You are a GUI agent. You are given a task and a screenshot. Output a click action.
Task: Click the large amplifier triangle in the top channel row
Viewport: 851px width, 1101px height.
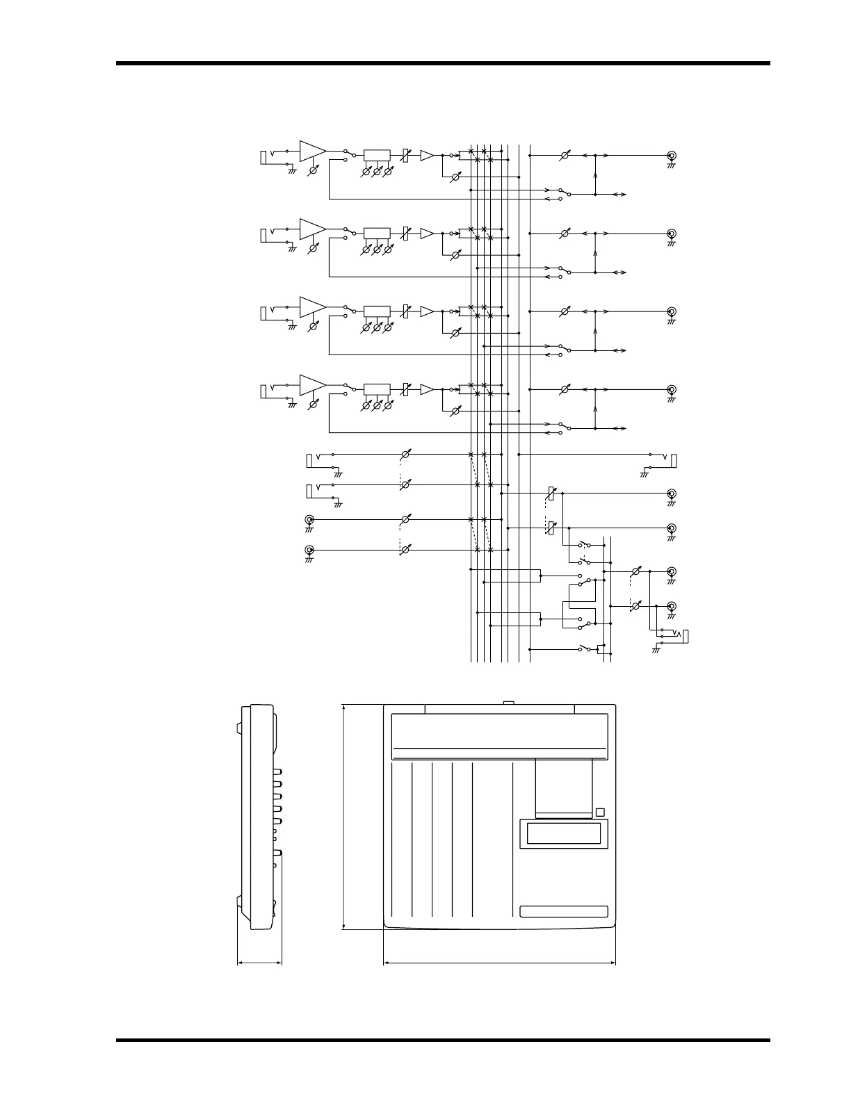click(x=311, y=151)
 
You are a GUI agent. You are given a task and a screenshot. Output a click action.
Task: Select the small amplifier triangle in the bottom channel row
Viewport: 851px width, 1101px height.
click(x=426, y=389)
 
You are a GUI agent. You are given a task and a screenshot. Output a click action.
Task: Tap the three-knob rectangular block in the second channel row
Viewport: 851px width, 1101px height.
click(x=377, y=234)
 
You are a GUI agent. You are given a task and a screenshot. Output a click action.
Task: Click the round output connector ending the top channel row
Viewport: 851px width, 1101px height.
click(x=672, y=156)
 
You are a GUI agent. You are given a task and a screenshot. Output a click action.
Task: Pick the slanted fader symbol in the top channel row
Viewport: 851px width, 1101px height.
click(x=406, y=156)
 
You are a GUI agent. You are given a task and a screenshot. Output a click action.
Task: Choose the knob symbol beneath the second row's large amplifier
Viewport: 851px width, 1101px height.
click(x=313, y=248)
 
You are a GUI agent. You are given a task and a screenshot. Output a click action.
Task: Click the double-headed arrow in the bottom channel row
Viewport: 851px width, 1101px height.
click(x=619, y=427)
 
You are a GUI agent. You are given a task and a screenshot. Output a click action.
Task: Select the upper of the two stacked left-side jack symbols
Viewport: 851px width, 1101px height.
click(x=310, y=460)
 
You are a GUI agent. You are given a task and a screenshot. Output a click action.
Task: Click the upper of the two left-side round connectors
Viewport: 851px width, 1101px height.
click(x=309, y=519)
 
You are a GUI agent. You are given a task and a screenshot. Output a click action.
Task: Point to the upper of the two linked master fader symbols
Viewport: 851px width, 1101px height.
click(x=551, y=494)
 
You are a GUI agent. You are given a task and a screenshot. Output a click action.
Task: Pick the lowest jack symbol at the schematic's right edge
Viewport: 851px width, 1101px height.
click(x=686, y=636)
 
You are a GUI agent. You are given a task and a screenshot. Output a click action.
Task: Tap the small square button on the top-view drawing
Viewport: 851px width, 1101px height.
click(x=600, y=813)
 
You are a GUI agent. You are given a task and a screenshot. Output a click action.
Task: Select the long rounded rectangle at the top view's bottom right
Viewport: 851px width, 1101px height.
click(x=564, y=912)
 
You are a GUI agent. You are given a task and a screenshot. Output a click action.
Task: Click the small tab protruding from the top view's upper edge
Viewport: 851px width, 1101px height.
click(x=508, y=703)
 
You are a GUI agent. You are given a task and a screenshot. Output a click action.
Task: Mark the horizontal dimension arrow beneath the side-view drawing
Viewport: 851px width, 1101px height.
click(x=260, y=963)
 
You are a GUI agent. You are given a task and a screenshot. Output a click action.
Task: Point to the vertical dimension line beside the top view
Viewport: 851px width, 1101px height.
click(x=344, y=816)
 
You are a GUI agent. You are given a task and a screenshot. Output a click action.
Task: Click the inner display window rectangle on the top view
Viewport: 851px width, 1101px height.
click(x=564, y=833)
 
